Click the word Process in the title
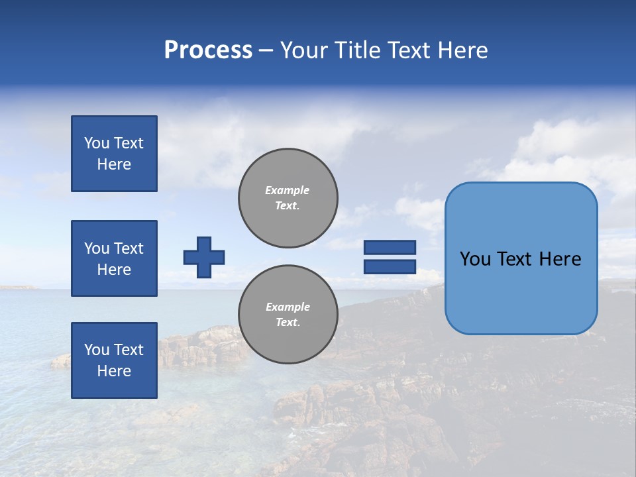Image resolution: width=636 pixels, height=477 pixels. (x=208, y=50)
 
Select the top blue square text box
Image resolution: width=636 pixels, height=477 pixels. (x=114, y=154)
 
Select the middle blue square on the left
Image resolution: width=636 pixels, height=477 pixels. (x=114, y=258)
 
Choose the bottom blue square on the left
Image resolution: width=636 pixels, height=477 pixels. (x=114, y=360)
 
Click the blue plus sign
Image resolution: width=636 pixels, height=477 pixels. (x=204, y=257)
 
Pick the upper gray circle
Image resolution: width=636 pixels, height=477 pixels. (x=288, y=198)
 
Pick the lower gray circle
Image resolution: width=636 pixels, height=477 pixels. (x=288, y=315)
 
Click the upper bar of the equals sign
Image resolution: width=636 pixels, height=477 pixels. (x=390, y=247)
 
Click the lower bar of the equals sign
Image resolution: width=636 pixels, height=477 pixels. (x=390, y=267)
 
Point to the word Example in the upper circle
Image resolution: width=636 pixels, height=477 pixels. (x=287, y=190)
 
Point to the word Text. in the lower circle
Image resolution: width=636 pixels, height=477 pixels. (x=288, y=323)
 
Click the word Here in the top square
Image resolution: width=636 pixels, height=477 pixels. (x=114, y=164)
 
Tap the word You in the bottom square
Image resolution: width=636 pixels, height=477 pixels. (x=97, y=350)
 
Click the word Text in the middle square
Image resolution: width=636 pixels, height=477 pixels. (x=129, y=248)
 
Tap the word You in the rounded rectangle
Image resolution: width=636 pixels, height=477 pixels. (x=475, y=259)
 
